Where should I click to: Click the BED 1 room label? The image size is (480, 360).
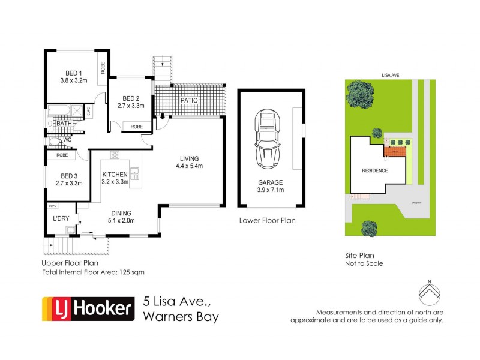point(74,72)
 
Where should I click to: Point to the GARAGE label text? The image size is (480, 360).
point(270,182)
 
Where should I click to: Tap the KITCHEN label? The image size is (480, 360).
point(115,175)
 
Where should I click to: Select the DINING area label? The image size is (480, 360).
point(121,214)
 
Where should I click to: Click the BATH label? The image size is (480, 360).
point(64,124)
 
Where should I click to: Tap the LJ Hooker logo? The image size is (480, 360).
point(86,309)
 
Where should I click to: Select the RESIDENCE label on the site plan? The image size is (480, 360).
point(374,170)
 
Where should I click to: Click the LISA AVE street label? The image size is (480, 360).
point(390,76)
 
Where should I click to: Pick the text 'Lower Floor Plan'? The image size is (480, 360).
point(267,220)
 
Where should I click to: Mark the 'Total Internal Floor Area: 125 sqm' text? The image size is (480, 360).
point(93,272)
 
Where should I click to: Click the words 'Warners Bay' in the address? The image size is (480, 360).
point(181,316)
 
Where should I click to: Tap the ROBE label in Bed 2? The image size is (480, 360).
point(137,127)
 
